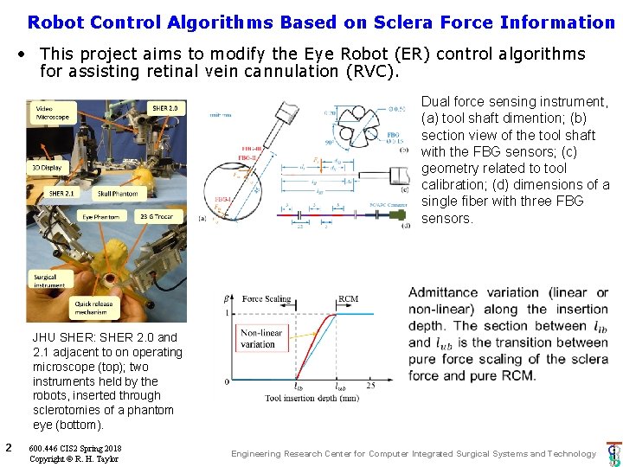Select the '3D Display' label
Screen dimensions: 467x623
(x=46, y=166)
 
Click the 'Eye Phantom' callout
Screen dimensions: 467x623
(x=100, y=216)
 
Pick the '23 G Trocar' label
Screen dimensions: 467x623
(x=155, y=216)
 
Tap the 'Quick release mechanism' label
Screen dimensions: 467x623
(x=95, y=308)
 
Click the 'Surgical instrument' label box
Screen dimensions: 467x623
(x=49, y=281)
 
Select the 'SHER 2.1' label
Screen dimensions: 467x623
(x=61, y=194)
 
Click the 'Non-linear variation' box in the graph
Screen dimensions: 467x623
(x=260, y=338)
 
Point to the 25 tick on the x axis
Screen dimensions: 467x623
(x=370, y=386)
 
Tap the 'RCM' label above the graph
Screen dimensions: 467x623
(x=348, y=298)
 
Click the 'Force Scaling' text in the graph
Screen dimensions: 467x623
(x=267, y=298)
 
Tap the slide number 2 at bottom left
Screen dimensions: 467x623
(x=8, y=447)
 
